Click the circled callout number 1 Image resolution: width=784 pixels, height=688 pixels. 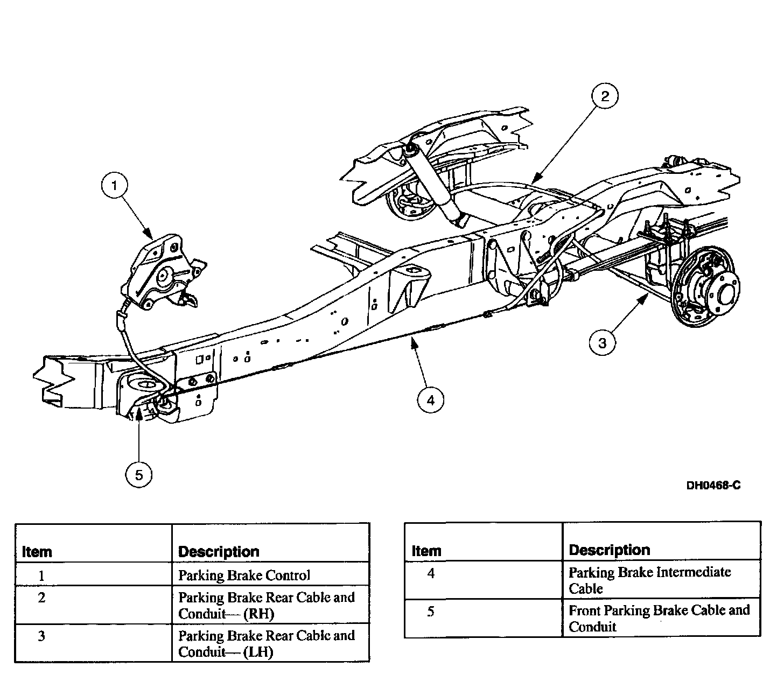click(x=114, y=187)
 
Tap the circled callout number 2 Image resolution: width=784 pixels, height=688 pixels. click(x=605, y=96)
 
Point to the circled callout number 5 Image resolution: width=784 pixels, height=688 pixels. click(x=139, y=474)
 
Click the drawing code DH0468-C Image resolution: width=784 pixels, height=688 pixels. click(x=713, y=486)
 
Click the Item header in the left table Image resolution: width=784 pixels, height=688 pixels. click(x=38, y=552)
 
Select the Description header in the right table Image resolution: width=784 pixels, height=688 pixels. click(x=609, y=550)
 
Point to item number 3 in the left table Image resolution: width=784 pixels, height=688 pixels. click(x=41, y=636)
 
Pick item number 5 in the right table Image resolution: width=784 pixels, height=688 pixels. click(x=430, y=612)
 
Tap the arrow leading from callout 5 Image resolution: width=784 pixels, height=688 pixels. click(x=139, y=436)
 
